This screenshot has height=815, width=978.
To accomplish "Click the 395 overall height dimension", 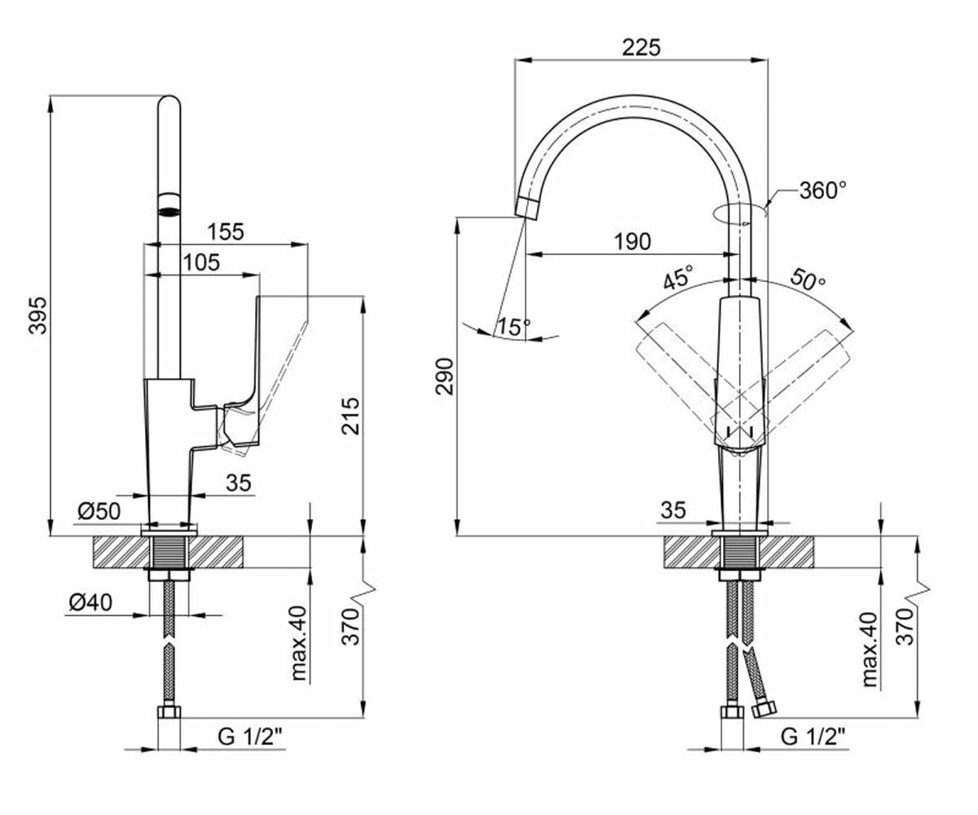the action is [38, 315].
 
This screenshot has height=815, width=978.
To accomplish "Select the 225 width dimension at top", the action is [641, 47].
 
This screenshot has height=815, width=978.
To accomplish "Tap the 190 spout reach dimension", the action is [632, 242].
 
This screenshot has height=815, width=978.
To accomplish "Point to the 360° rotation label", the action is [823, 191].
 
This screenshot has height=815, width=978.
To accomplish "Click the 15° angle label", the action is [513, 327].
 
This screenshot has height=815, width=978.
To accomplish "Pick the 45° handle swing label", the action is [678, 277].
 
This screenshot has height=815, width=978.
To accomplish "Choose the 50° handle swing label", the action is [808, 280].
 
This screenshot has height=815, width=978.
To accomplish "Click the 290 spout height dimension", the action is [444, 377].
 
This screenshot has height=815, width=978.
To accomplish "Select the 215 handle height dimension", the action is [350, 416].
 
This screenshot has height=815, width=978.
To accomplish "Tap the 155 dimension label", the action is [226, 231].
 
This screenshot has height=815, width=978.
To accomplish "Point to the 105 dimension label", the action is [201, 262].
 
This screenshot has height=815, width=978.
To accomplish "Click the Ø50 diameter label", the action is [99, 511].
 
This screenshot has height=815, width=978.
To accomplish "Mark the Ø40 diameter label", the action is [90, 602].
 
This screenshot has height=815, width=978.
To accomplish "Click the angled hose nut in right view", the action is [764, 710].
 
